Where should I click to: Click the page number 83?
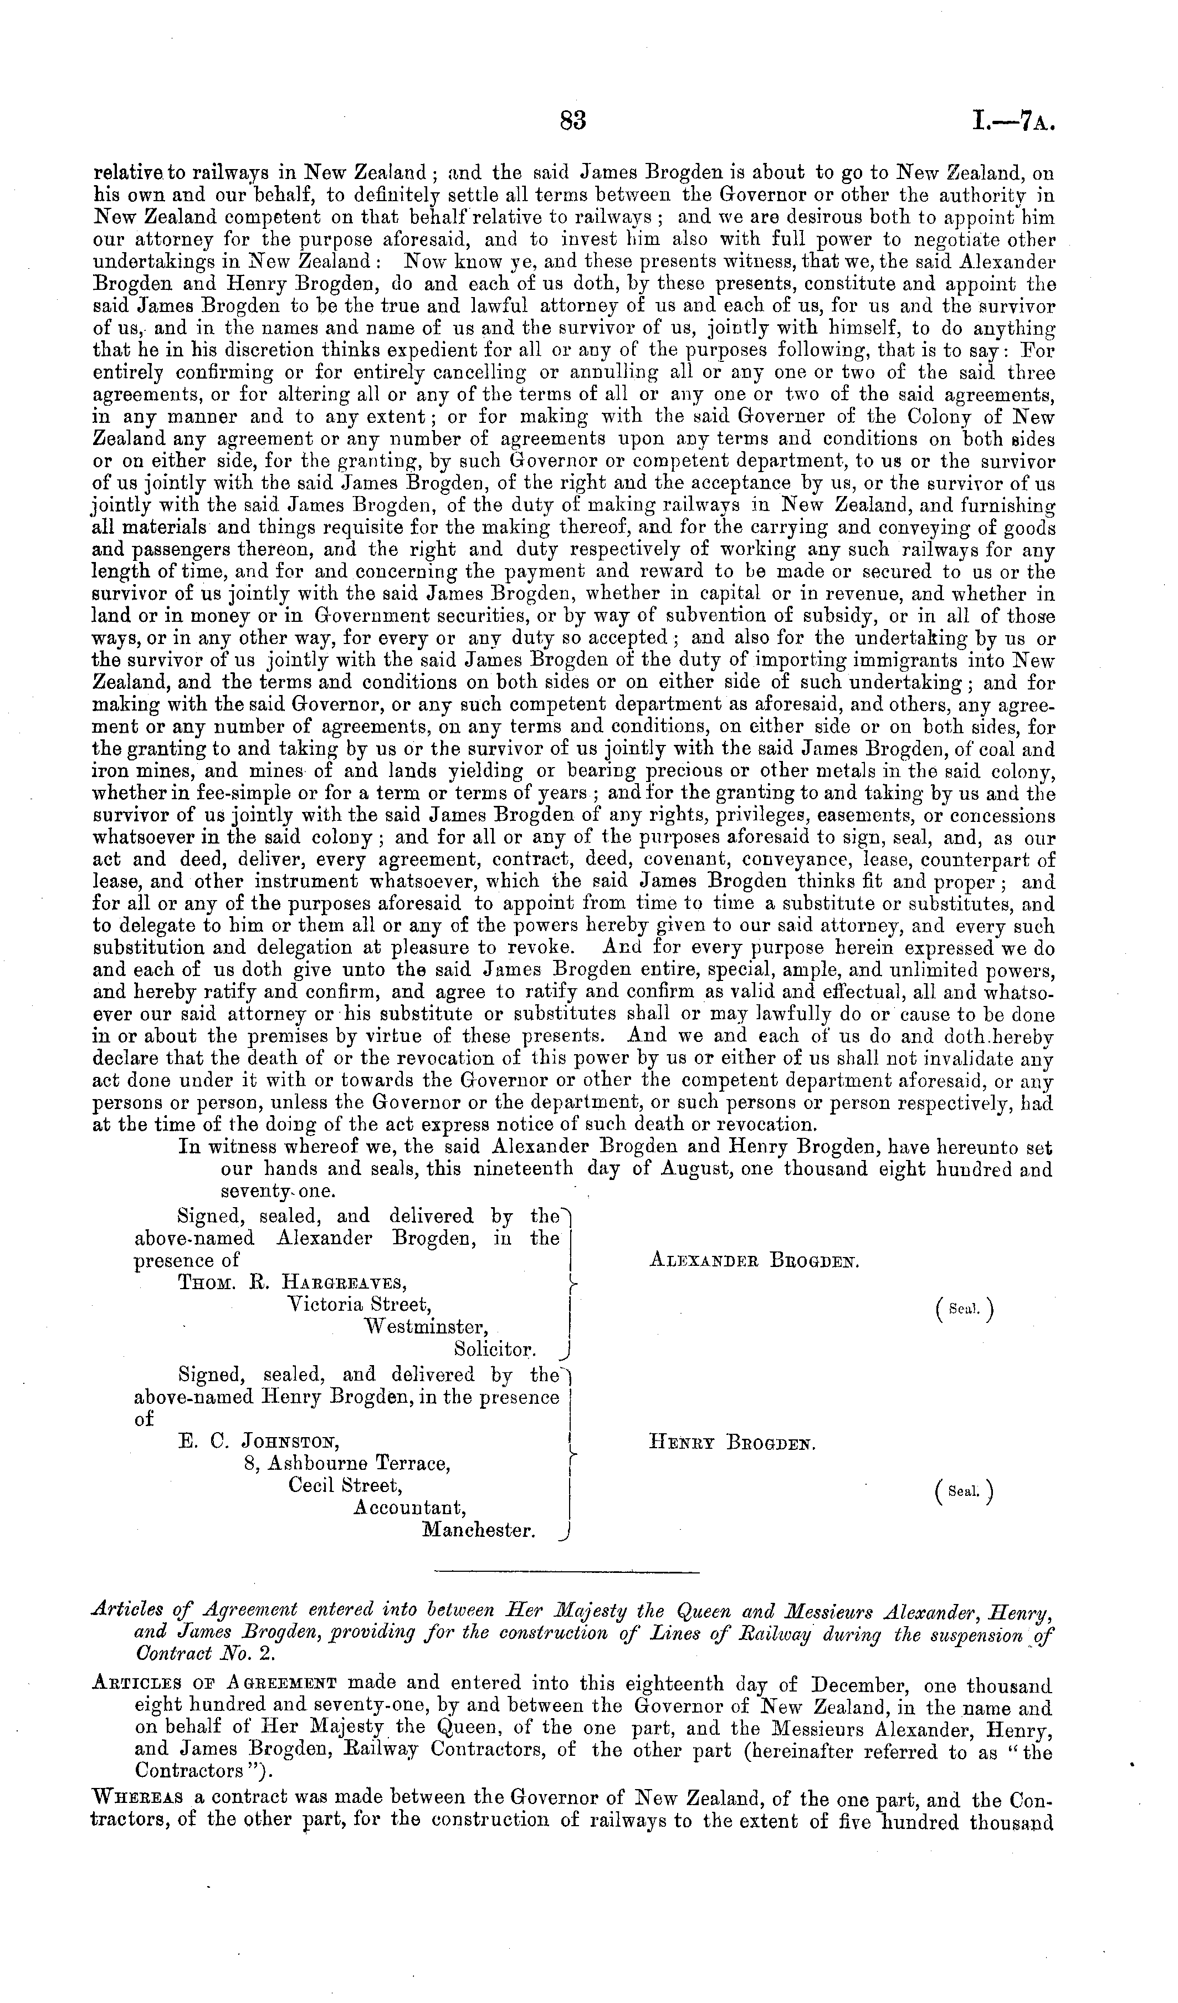[572, 120]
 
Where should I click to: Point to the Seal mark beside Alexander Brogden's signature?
[965, 1309]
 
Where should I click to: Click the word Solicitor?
[494, 1349]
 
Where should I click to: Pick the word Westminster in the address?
[425, 1327]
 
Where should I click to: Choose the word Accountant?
[408, 1507]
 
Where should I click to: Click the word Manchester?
[478, 1529]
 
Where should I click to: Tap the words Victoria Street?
[358, 1304]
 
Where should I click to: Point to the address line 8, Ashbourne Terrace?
[347, 1463]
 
